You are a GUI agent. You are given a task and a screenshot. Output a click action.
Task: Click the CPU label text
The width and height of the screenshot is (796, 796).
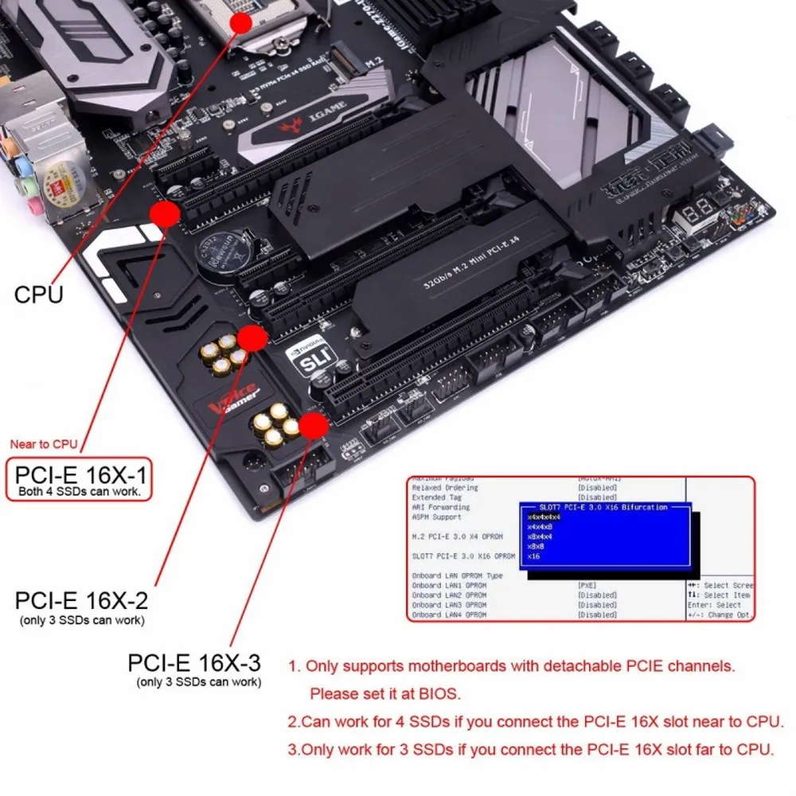click(x=38, y=295)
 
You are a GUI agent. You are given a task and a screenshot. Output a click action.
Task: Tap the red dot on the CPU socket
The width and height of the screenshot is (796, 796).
click(x=241, y=21)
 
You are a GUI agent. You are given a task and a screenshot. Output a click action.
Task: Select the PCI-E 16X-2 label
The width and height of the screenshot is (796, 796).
click(x=81, y=599)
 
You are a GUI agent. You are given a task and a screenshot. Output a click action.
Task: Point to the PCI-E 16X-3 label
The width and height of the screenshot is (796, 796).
click(x=193, y=663)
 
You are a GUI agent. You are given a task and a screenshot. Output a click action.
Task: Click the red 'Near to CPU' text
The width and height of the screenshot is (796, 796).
click(x=43, y=444)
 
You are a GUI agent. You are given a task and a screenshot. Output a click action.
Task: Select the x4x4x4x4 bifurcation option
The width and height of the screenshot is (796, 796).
click(x=544, y=517)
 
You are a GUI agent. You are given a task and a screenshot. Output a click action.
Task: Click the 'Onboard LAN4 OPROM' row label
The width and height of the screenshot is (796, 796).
click(x=449, y=615)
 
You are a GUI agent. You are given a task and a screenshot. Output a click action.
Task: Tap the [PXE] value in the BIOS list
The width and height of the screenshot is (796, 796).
click(x=587, y=585)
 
